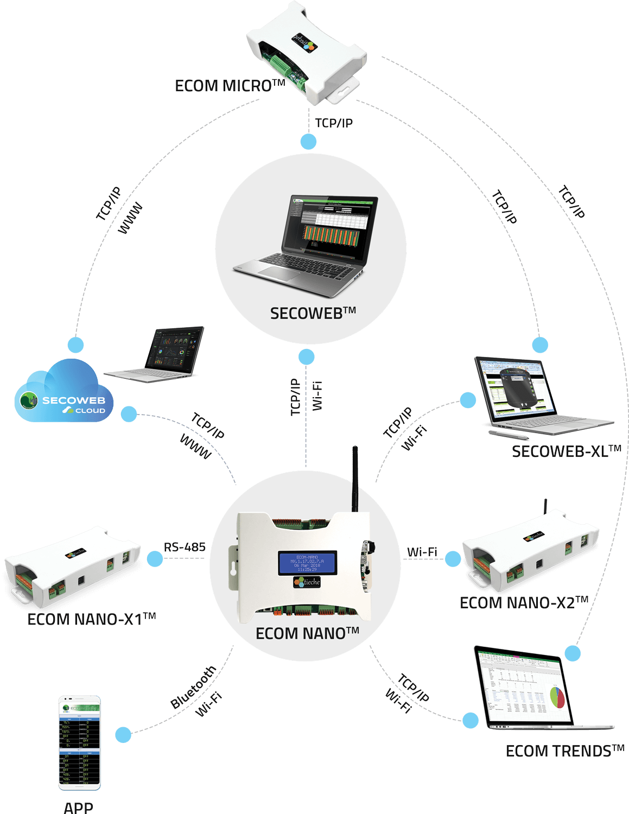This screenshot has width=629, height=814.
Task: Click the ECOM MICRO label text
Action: [x=230, y=86]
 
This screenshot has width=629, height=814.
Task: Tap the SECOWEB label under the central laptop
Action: [x=313, y=313]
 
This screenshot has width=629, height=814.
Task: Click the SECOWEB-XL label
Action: [x=566, y=451]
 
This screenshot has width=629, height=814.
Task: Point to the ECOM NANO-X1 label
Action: [x=91, y=619]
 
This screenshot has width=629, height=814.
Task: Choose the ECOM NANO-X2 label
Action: [x=524, y=603]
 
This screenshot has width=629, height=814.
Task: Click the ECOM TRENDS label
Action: [x=564, y=751]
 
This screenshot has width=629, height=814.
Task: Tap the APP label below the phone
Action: [x=78, y=807]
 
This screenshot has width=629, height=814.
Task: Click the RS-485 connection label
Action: [x=185, y=546]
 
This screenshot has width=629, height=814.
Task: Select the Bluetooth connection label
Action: [x=193, y=687]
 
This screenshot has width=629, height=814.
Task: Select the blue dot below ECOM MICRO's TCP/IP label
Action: [x=309, y=142]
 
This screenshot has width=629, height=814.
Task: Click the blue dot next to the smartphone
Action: [x=123, y=735]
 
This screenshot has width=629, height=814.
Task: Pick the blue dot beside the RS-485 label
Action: [x=155, y=559]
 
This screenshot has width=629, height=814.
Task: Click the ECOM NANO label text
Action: [x=307, y=633]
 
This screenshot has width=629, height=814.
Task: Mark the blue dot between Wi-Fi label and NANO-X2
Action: [x=453, y=558]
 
